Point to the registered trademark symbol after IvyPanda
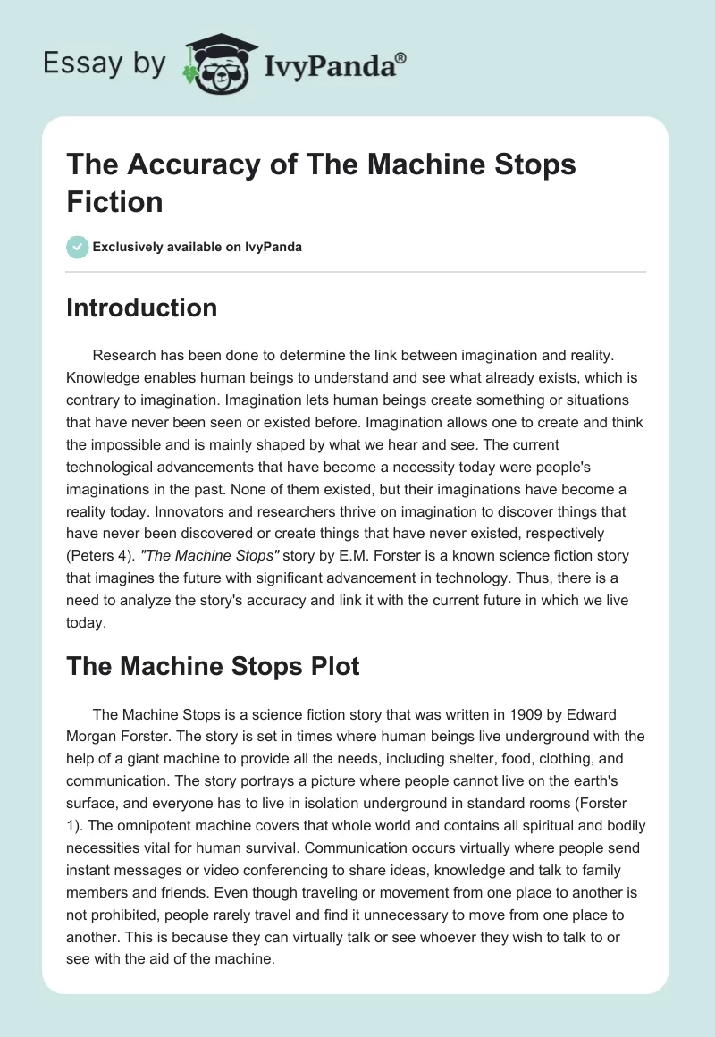(x=401, y=57)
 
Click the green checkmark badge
(x=77, y=247)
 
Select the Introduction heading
(x=141, y=308)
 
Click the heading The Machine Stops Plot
(x=213, y=666)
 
